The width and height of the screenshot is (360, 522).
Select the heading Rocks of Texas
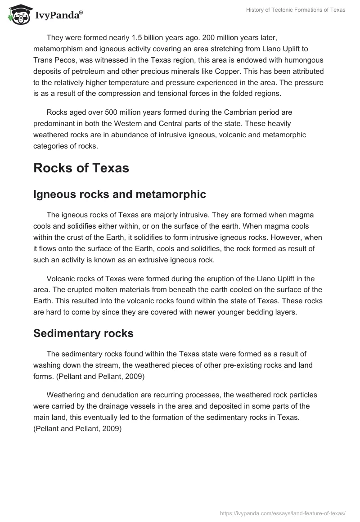(81, 168)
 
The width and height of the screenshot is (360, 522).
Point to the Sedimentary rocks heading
(83, 333)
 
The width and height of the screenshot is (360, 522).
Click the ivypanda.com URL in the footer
(283, 513)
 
